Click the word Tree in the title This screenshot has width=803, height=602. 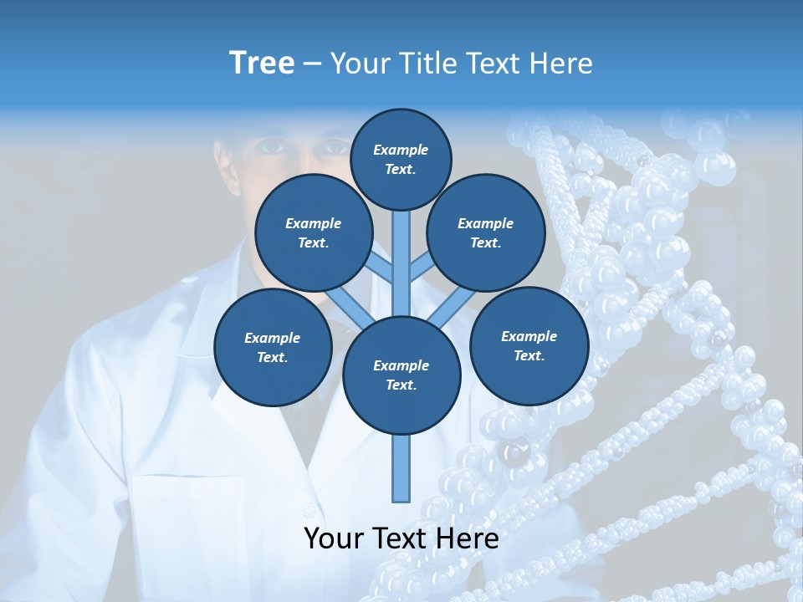point(262,64)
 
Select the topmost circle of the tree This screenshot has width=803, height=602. point(401,159)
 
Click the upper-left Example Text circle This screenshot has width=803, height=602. point(313,232)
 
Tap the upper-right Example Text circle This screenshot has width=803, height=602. point(485,232)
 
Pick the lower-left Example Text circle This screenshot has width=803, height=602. point(272,347)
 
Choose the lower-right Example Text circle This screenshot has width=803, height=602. point(529,345)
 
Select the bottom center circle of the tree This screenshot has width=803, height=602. point(401,375)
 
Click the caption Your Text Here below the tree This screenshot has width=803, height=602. point(401,538)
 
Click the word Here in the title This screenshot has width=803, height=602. point(561,64)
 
